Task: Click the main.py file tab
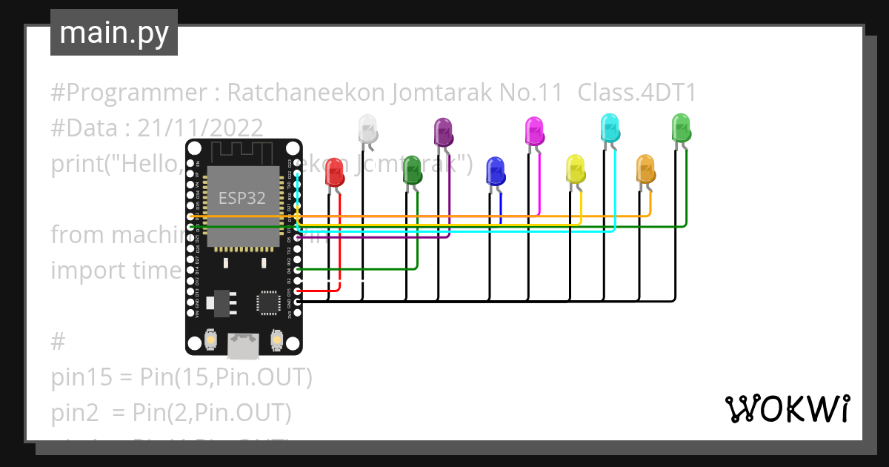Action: pyautogui.click(x=113, y=33)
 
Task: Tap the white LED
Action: pyautogui.click(x=367, y=129)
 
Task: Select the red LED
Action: pyautogui.click(x=334, y=172)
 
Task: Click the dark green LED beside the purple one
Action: pyautogui.click(x=412, y=170)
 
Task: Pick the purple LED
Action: pyautogui.click(x=443, y=132)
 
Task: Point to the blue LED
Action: pyautogui.click(x=495, y=171)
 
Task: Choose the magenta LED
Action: pyautogui.click(x=534, y=131)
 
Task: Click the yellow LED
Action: pyautogui.click(x=575, y=169)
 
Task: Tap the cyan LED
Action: pyautogui.click(x=609, y=128)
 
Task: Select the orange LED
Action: pyautogui.click(x=645, y=169)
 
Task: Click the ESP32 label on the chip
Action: pyautogui.click(x=242, y=198)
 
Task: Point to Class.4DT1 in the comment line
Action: pyautogui.click(x=636, y=93)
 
